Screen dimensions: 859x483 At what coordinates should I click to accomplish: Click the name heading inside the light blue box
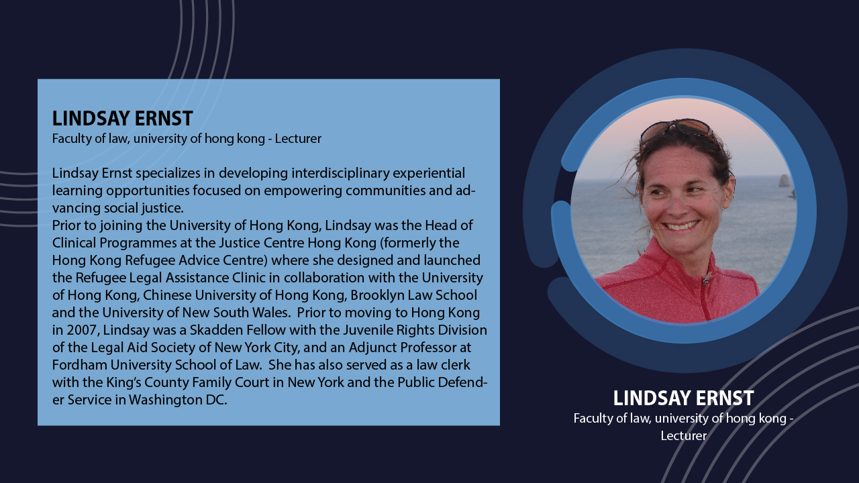click(122, 119)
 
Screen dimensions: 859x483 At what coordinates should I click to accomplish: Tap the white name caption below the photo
click(683, 398)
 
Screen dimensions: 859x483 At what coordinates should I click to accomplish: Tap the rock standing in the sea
click(784, 180)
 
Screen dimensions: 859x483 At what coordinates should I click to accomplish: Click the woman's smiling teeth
click(681, 225)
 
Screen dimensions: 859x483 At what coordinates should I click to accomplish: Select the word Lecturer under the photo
click(683, 436)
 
